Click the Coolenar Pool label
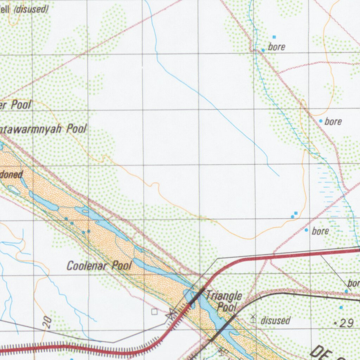99,265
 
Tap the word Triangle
224,296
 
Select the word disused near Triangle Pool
276,321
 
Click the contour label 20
48,322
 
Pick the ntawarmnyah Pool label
43,129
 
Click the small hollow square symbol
154,311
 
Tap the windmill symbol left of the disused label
253,318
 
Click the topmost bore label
277,47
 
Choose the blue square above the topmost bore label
274,37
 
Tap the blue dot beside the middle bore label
321,121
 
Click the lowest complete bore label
320,231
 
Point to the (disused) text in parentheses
31,9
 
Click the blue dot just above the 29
341,308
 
